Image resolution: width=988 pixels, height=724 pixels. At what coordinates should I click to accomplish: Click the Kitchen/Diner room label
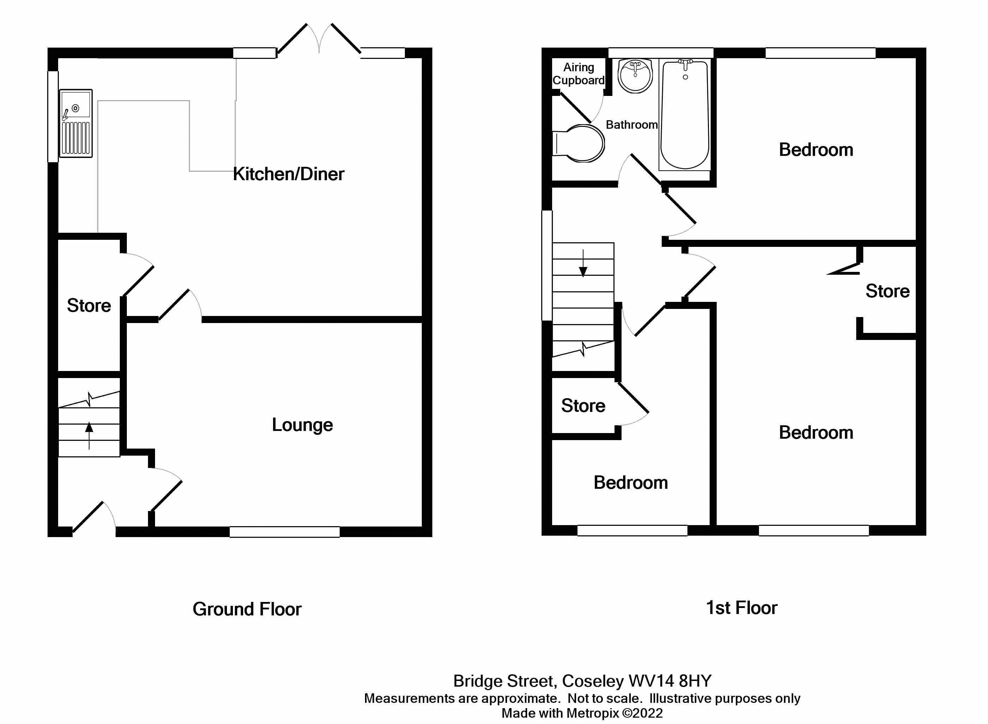point(288,174)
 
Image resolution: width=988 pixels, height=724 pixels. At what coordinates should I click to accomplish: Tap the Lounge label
point(302,424)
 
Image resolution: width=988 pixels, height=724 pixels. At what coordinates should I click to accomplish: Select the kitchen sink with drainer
point(76,123)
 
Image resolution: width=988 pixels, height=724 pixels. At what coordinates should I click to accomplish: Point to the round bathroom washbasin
point(635,76)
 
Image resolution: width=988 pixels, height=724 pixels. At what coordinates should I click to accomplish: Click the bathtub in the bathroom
point(685,115)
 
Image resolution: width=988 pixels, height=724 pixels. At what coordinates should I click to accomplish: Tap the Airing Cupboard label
point(578,74)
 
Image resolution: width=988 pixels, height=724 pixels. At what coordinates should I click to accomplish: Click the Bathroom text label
point(631,125)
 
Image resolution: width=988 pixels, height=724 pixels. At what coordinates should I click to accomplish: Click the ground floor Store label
point(89,305)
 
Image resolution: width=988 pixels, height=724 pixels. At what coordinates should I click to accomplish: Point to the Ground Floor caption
point(247,609)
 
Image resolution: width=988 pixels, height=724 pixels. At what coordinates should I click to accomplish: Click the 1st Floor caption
point(741,608)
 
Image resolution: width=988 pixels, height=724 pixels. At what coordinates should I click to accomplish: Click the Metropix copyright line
point(582,713)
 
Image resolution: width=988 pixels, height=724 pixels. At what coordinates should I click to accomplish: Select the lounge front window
point(285,531)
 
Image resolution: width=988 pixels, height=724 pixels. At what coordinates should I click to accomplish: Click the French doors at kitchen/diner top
point(319,39)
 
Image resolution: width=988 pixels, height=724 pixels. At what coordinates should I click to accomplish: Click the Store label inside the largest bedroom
point(887,291)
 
